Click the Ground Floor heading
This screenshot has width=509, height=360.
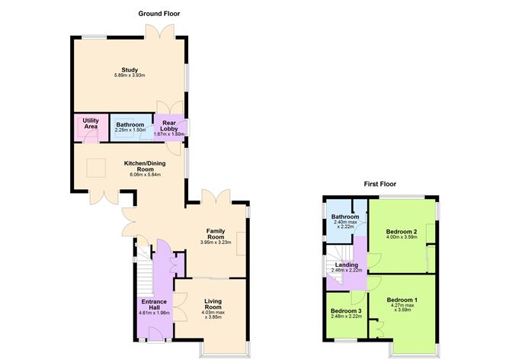point(159,14)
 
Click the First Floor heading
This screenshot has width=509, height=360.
point(379,185)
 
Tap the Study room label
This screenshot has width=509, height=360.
point(130,70)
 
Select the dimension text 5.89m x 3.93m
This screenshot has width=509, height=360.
point(130,76)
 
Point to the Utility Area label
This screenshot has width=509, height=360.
point(91,124)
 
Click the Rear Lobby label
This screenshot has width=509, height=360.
point(169,126)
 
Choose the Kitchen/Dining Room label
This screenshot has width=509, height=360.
point(145,166)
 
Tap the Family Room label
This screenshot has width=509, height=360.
point(216,234)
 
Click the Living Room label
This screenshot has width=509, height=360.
point(213,304)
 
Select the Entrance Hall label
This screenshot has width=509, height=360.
point(154,304)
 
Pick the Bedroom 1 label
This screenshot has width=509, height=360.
point(402,300)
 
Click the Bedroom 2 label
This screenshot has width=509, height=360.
point(402,232)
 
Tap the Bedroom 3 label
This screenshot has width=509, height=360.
point(347,311)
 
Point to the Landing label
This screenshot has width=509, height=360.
point(347,265)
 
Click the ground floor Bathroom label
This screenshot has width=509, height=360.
point(130,125)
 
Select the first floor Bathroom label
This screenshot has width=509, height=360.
point(345,217)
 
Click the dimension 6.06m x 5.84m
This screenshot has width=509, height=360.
point(145,175)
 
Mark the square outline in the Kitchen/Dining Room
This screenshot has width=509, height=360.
point(96,168)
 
